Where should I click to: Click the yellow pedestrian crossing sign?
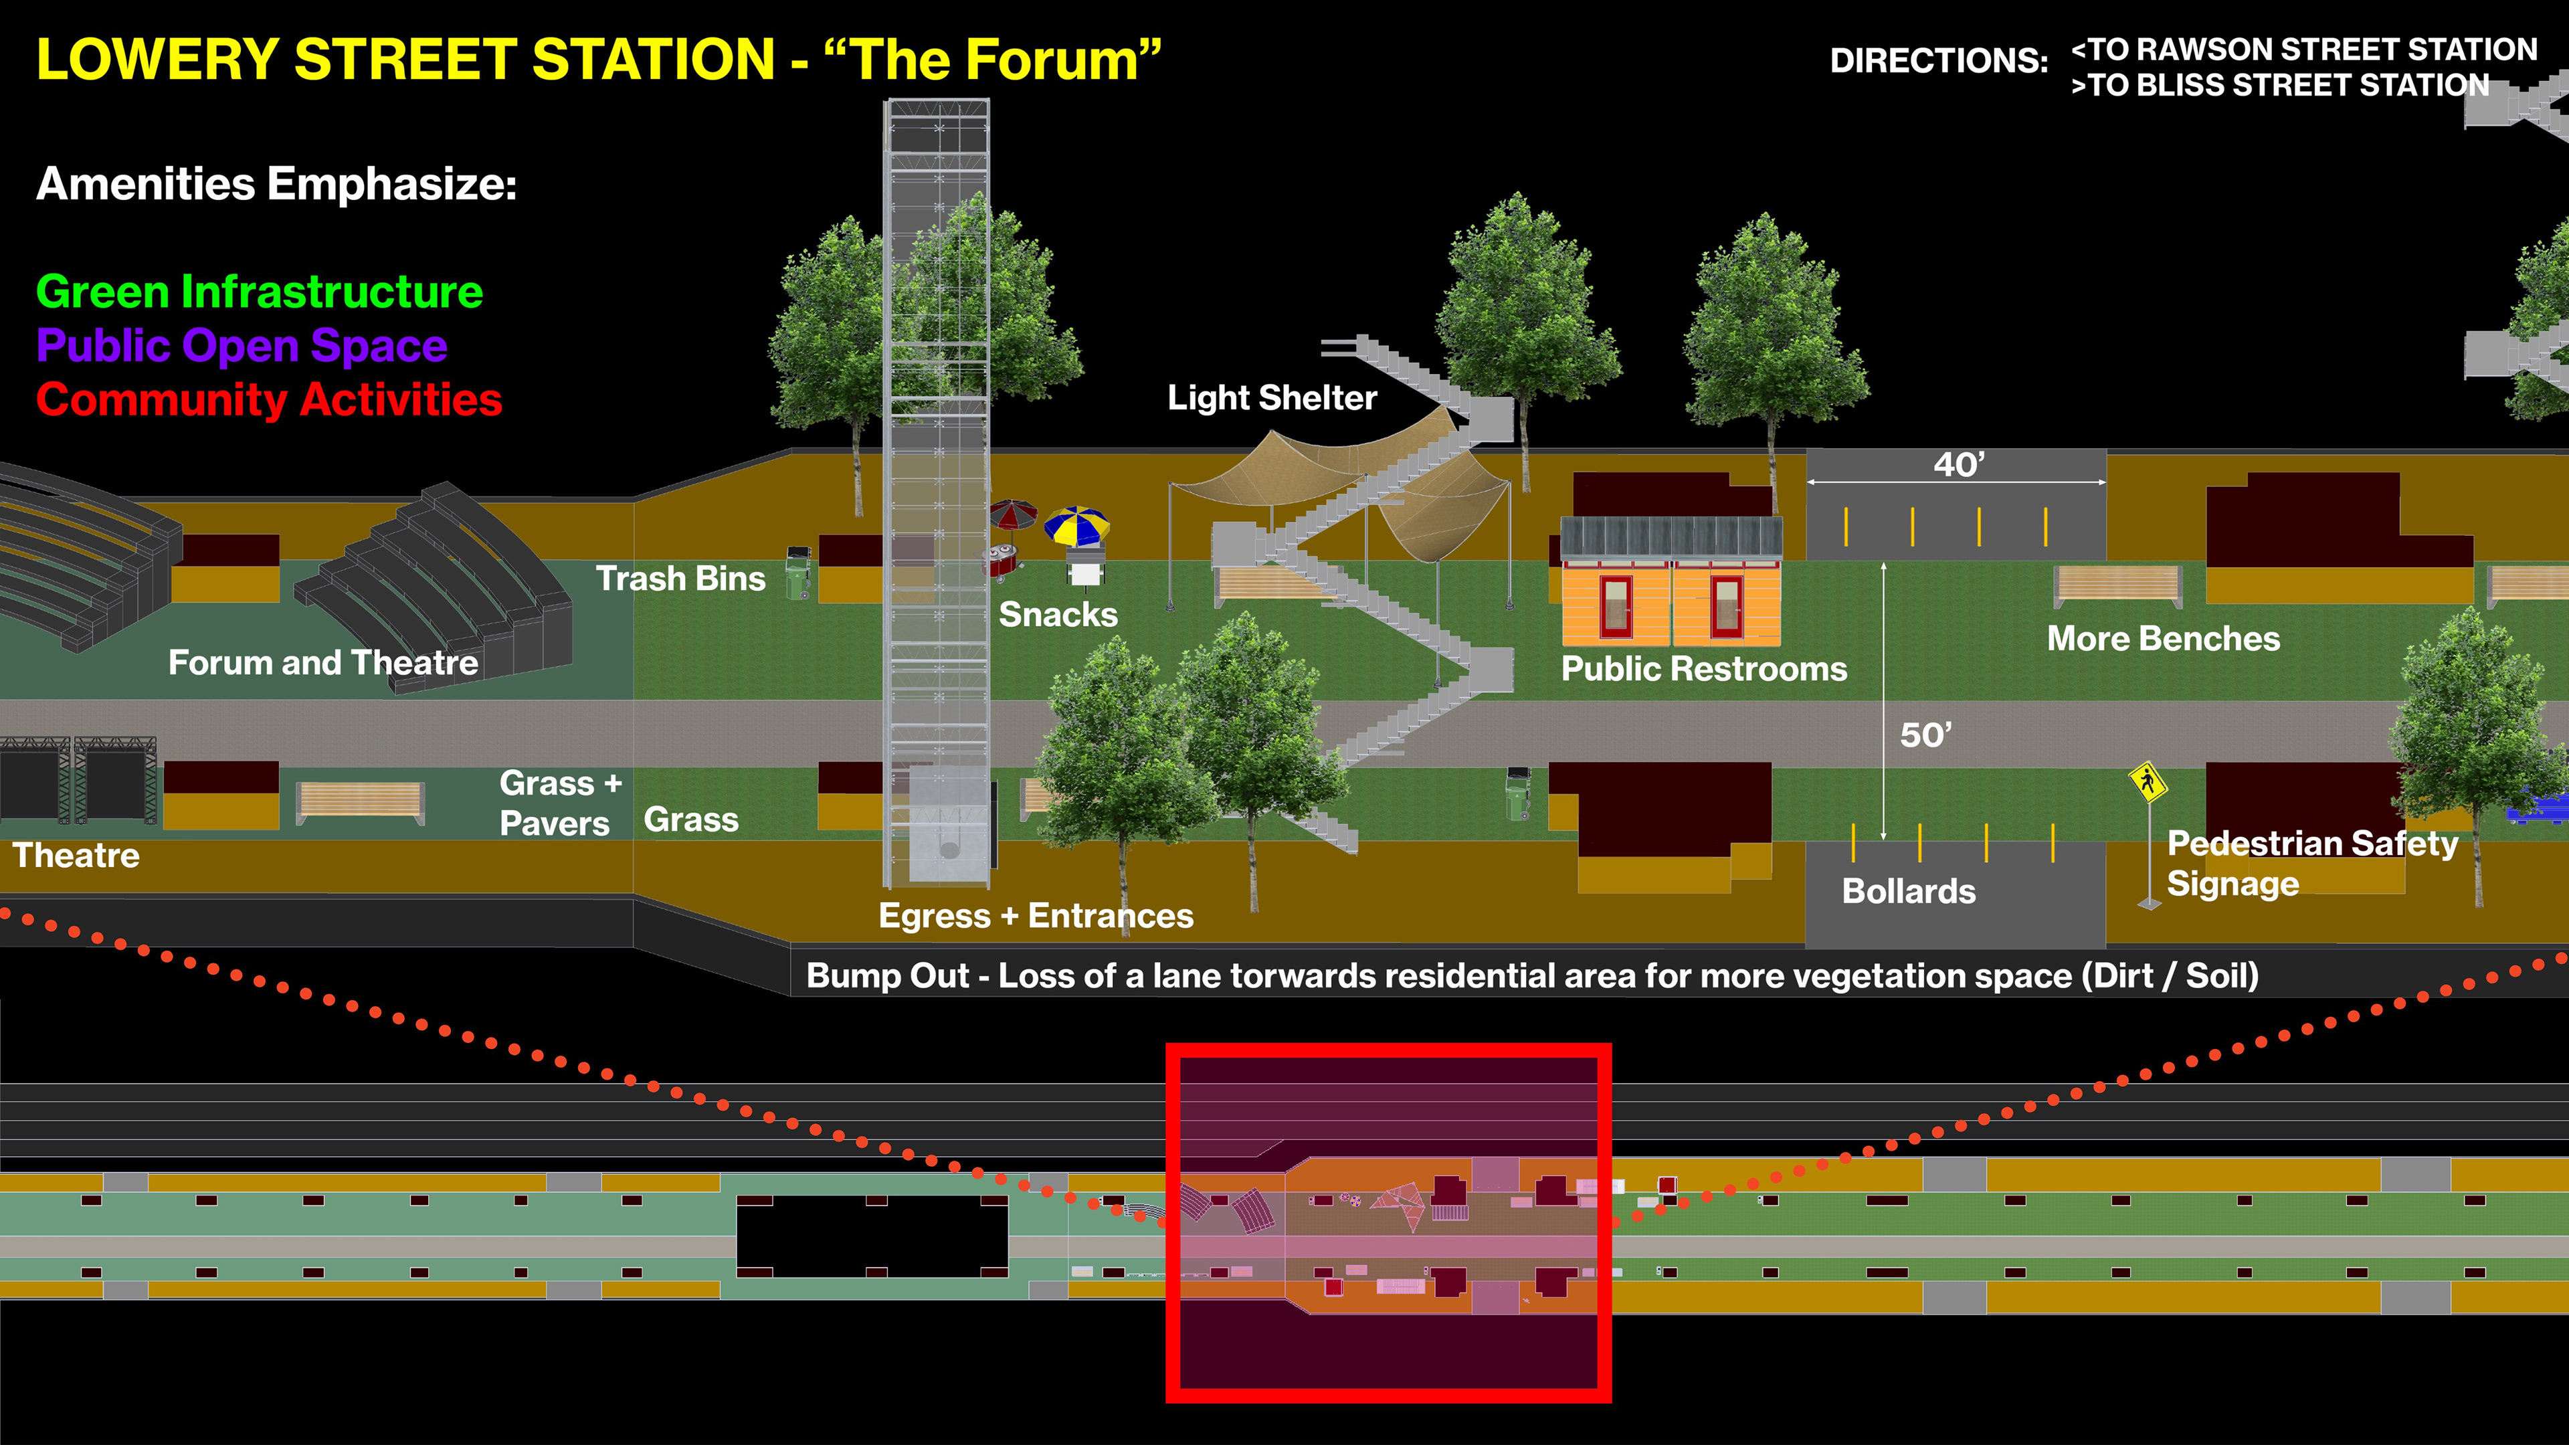2147,782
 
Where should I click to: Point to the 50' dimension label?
1925,735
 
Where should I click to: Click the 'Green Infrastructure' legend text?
260,292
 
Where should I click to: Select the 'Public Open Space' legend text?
242,346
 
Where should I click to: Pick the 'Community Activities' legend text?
269,400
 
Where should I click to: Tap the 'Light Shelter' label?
1272,398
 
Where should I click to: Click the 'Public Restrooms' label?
1703,669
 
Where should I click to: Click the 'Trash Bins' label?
680,579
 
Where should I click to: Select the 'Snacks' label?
1058,614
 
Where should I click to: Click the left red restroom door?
1614,605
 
